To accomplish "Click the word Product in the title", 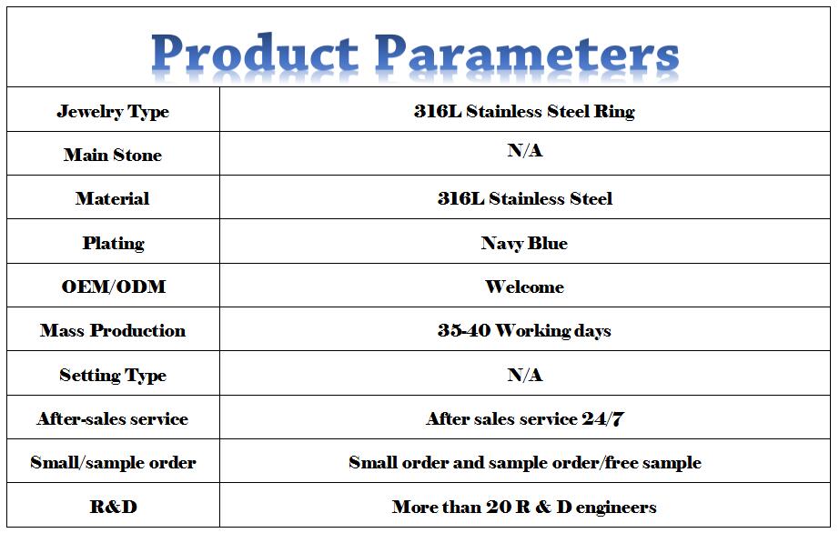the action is (x=255, y=53).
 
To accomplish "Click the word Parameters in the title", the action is (x=527, y=53).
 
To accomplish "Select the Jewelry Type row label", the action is (x=113, y=112).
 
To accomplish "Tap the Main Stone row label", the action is (x=113, y=155).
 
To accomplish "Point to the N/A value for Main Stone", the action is (x=525, y=150).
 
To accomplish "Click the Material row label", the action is (x=112, y=199).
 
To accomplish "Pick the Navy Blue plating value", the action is (x=524, y=243).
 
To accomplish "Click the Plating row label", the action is (x=114, y=243).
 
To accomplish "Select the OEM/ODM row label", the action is (x=114, y=287).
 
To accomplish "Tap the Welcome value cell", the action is (x=524, y=287).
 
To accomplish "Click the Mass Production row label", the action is (x=113, y=330).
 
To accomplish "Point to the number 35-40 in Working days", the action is (x=464, y=330).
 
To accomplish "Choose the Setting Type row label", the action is (x=113, y=376).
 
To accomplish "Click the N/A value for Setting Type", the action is (x=525, y=375).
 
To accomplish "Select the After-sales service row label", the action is (x=113, y=418).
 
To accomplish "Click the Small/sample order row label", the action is (x=113, y=462).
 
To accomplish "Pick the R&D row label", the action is (x=114, y=507).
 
